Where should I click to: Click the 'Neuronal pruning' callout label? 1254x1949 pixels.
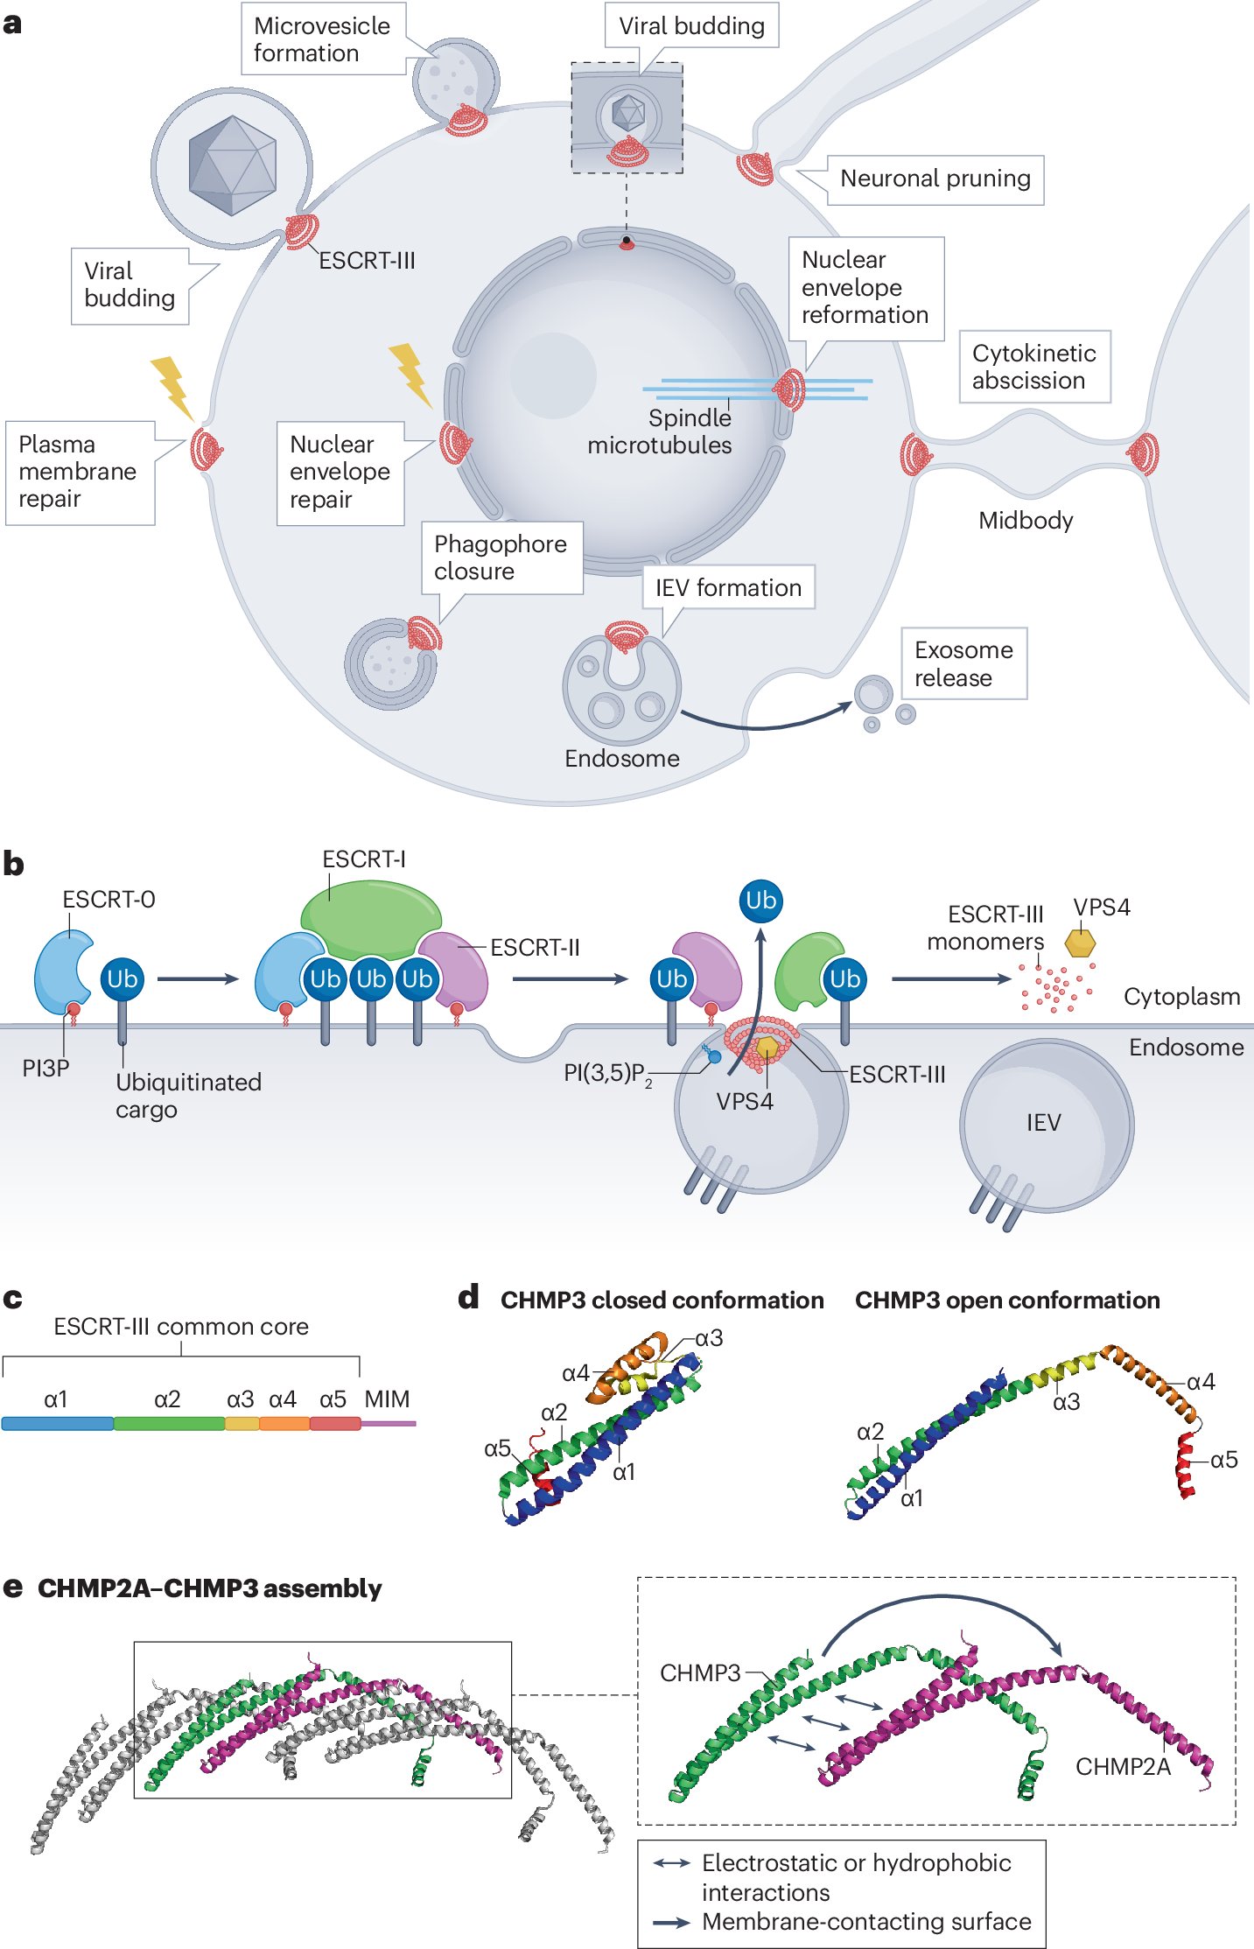935,179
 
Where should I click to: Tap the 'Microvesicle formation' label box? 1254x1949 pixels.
321,39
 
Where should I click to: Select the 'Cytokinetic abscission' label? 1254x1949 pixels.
1033,367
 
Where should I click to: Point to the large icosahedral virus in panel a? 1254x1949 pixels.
232,165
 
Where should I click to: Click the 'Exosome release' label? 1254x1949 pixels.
963,663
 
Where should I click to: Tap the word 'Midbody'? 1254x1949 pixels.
1025,521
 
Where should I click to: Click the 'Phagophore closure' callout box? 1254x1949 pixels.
500,557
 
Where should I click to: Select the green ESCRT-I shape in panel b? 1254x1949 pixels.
370,919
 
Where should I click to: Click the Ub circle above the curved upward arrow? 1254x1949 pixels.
760,901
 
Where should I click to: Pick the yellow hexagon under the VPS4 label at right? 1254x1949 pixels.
1080,943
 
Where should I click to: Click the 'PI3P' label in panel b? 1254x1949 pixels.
46,1069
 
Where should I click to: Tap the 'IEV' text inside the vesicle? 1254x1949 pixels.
1043,1123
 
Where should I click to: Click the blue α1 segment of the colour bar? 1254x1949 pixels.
57,1424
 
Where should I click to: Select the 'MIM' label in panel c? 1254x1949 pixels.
387,1399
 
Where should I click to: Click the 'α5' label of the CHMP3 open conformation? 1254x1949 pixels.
1223,1460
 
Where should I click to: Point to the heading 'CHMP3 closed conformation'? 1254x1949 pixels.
662,1301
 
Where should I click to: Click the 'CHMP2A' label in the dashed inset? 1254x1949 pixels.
1122,1767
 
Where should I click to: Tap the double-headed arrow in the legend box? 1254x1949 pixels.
672,1863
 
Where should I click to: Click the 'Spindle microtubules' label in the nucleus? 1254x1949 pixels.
661,431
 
